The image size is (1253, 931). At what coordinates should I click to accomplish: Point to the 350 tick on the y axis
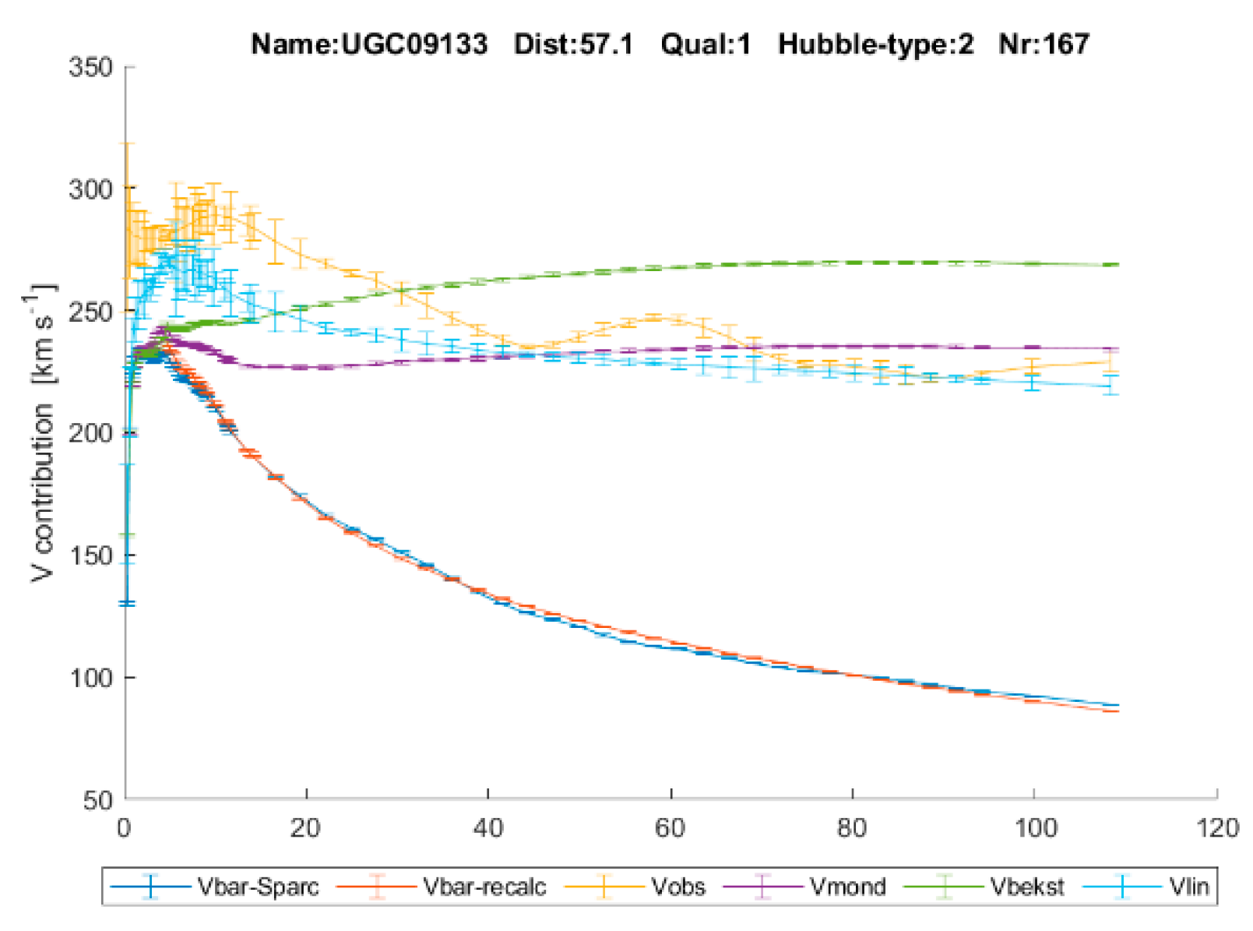(x=91, y=67)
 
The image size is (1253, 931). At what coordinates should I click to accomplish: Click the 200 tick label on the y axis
(x=91, y=433)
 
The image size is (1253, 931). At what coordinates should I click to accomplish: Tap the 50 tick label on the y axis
(x=99, y=799)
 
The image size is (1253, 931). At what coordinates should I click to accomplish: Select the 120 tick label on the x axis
(x=1216, y=827)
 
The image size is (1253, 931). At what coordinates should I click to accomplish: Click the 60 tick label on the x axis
(x=670, y=827)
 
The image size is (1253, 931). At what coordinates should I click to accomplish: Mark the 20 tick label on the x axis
(x=306, y=827)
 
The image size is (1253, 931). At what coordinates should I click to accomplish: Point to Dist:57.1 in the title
(x=573, y=44)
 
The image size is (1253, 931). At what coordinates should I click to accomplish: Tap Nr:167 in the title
(x=1044, y=44)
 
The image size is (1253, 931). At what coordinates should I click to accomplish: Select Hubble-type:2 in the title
(x=875, y=44)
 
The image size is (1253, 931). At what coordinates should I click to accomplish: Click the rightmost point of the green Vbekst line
(x=1117, y=265)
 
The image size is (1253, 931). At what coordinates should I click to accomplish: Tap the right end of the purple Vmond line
(x=1117, y=348)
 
